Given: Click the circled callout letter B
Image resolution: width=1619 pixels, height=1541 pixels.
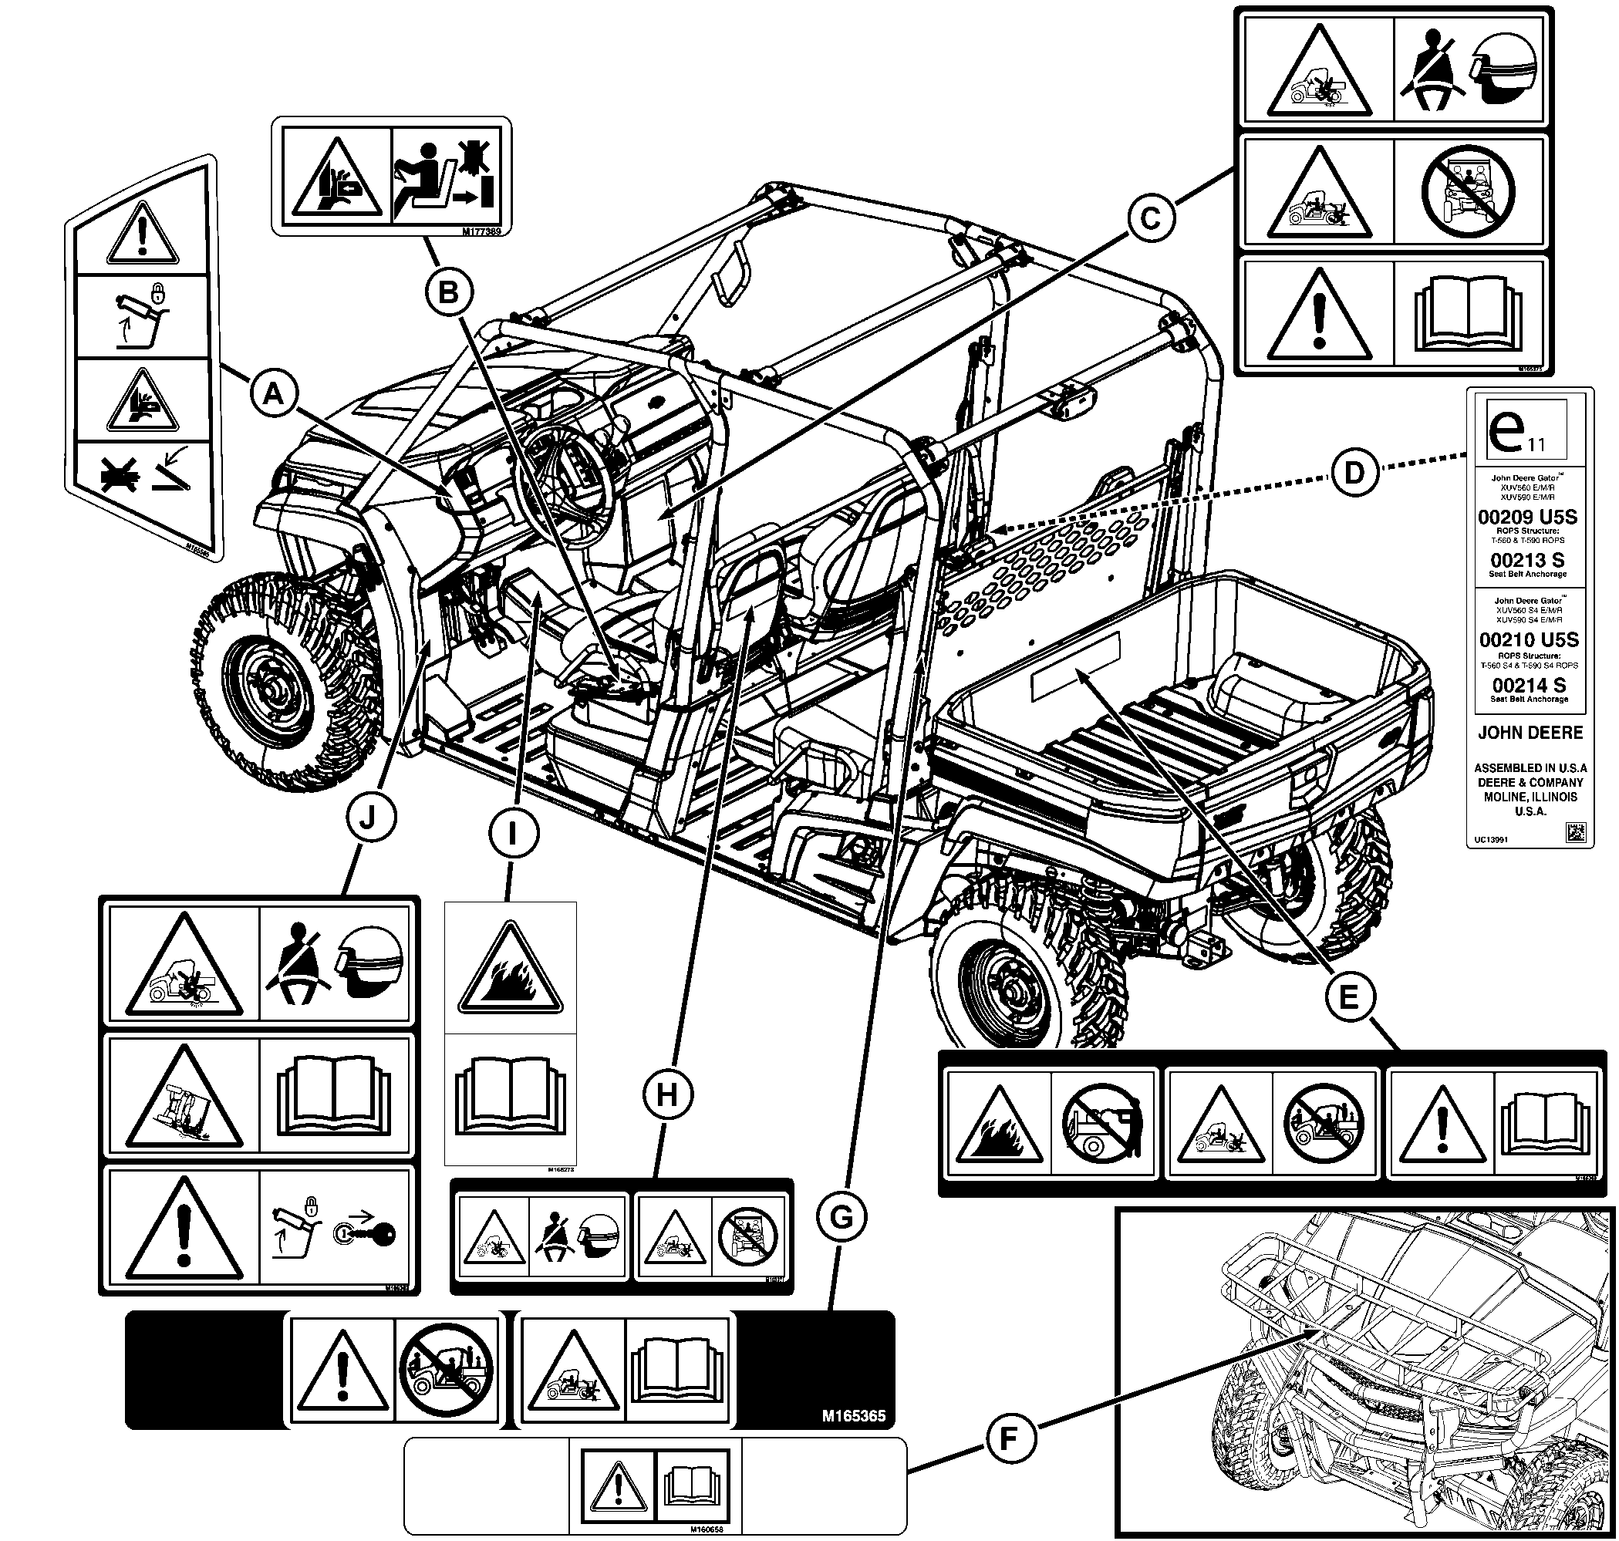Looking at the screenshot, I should (448, 292).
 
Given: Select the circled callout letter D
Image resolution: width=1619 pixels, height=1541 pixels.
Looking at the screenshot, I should (1354, 472).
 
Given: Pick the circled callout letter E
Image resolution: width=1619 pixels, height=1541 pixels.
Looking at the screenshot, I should (1349, 997).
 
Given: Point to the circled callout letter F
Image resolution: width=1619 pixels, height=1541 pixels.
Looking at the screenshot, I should (1009, 1438).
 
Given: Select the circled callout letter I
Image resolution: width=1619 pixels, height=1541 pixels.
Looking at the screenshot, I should (513, 835).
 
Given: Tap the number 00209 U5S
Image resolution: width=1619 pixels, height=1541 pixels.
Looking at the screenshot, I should (1528, 518).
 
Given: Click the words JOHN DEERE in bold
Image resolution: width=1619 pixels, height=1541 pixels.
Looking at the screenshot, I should (1530, 732).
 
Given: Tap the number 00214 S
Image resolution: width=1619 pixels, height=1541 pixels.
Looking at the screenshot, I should (1529, 684).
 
